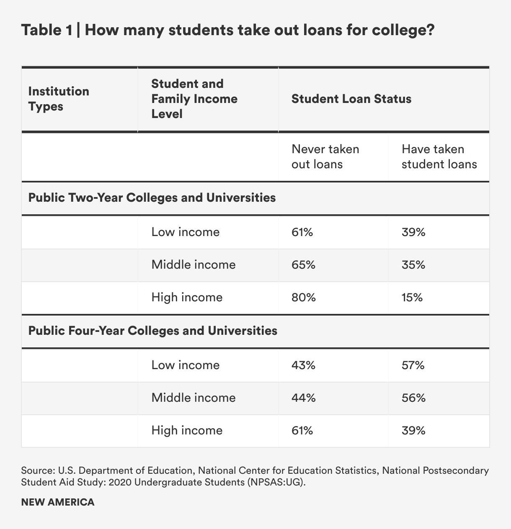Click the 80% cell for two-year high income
click(x=303, y=298)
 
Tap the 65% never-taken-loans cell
click(x=303, y=265)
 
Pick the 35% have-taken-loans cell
click(x=413, y=265)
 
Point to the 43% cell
click(x=303, y=365)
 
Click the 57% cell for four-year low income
click(x=413, y=365)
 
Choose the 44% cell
click(x=303, y=398)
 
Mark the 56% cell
click(x=413, y=398)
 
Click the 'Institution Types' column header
click(x=58, y=99)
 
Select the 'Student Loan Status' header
click(x=351, y=99)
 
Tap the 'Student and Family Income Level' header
click(x=194, y=99)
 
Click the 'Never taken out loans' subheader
click(x=325, y=157)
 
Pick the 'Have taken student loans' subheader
click(x=439, y=157)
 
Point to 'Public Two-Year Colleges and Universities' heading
click(x=152, y=198)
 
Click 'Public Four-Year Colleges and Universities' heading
click(x=152, y=331)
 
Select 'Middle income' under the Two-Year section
click(x=193, y=265)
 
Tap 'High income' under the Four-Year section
click(x=187, y=430)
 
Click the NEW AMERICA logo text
click(x=58, y=502)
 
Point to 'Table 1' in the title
click(x=46, y=31)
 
